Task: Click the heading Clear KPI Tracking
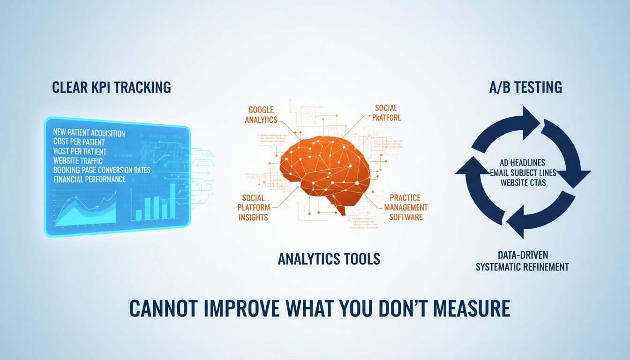point(111,87)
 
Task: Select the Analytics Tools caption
point(329,258)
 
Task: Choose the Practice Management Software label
point(406,207)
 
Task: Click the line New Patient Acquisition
point(89,134)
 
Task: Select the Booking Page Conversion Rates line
point(102,170)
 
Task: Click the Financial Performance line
point(89,179)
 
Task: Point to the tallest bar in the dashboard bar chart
point(172,201)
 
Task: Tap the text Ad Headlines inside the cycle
point(523,163)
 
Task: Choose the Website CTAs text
point(523,183)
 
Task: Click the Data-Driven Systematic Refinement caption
point(523,261)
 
